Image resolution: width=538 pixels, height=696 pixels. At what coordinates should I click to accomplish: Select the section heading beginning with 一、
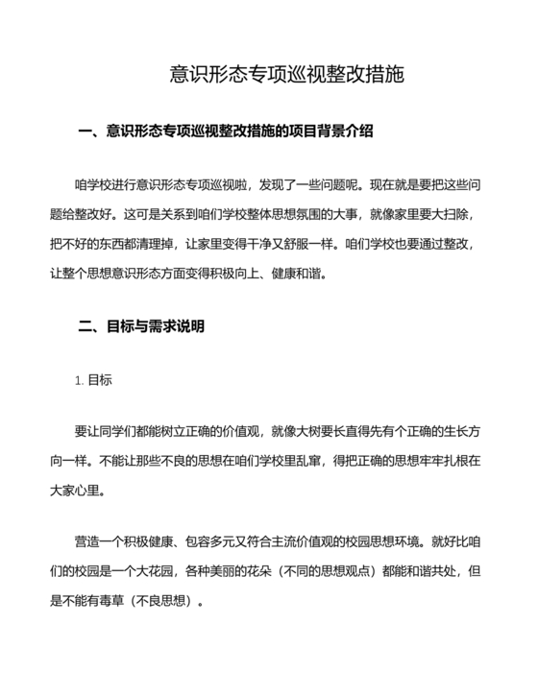[225, 131]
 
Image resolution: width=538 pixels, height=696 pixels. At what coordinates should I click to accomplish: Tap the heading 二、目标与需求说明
[141, 326]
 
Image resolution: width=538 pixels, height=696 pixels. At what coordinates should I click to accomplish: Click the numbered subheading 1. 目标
[93, 380]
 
